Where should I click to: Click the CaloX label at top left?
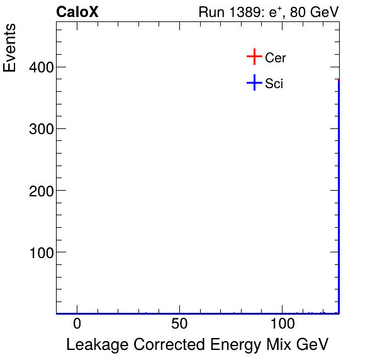coord(77,13)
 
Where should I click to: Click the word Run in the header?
coord(211,13)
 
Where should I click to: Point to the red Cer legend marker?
coord(254,57)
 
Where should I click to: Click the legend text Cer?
coord(276,58)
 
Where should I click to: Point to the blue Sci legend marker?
coord(254,82)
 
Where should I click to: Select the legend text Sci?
coord(274,83)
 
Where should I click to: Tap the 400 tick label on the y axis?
coord(40,67)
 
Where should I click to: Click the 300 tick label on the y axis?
coord(40,129)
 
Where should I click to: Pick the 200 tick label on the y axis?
coord(40,191)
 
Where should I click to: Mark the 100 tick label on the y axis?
coord(40,252)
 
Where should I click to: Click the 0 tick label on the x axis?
coord(77,324)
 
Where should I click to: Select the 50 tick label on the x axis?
coord(180,324)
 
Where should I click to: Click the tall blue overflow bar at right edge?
coord(339,195)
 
